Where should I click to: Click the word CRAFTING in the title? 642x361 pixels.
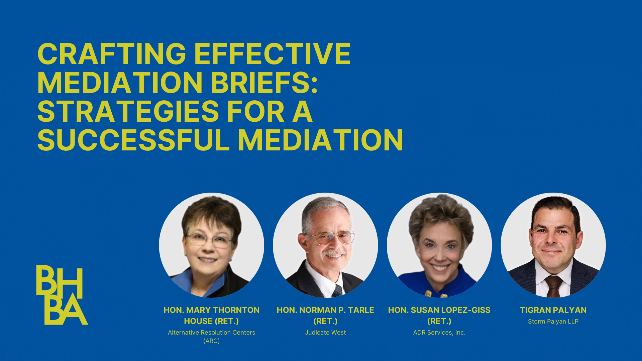(112, 54)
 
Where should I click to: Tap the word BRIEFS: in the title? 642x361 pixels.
(264, 83)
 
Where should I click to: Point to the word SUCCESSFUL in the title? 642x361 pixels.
(133, 140)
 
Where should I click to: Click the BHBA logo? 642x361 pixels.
(62, 295)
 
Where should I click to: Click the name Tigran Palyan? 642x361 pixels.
(553, 310)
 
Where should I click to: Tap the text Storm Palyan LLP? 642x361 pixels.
(553, 322)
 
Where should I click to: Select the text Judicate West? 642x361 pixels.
(325, 333)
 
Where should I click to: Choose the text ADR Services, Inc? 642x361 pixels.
(439, 333)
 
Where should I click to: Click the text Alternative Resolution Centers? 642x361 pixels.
(211, 333)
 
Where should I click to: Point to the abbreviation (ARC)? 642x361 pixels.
(211, 341)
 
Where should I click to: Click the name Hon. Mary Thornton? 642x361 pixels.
(211, 310)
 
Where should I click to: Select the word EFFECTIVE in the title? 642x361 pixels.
(272, 54)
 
